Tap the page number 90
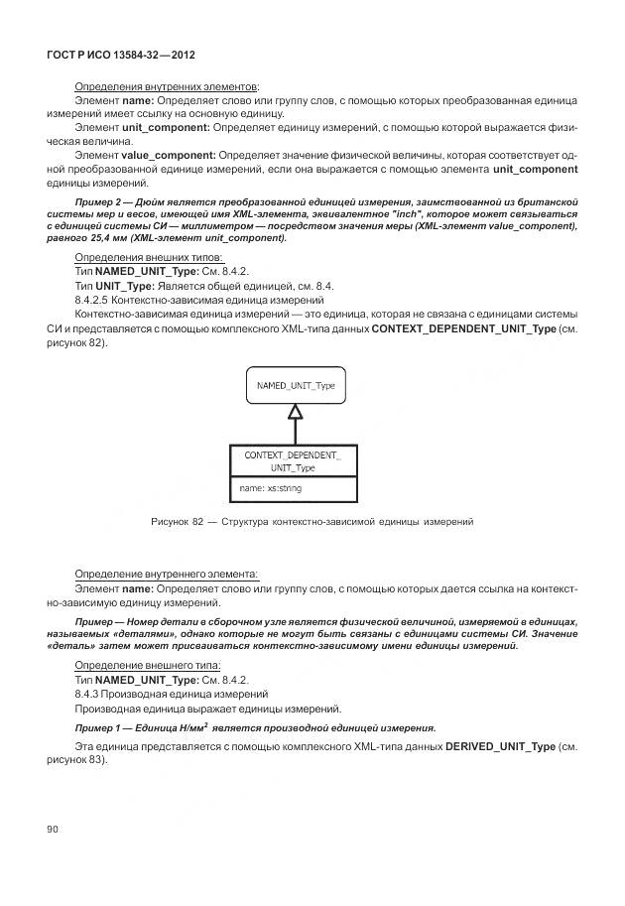click(53, 827)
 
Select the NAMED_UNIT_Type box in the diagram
click(296, 385)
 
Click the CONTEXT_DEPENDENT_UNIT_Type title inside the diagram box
click(293, 460)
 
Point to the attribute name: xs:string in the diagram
click(271, 488)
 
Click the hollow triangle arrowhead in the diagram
click(294, 412)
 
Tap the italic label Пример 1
click(99, 727)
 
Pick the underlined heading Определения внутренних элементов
click(167, 87)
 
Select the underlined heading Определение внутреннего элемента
click(167, 574)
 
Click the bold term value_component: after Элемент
click(168, 156)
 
